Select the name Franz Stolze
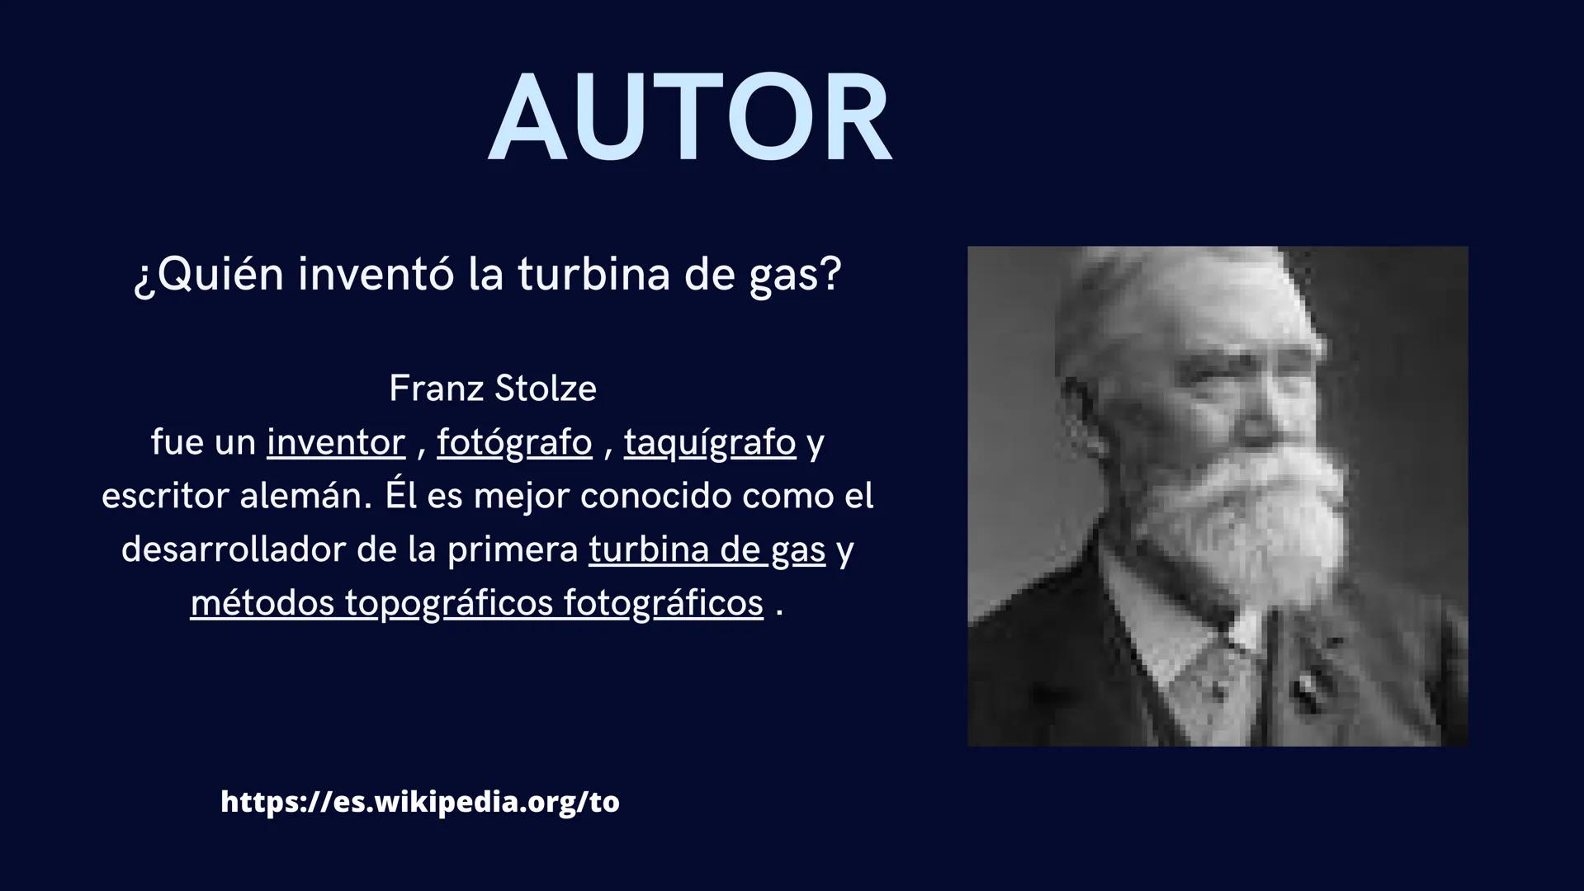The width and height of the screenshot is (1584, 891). [x=492, y=389]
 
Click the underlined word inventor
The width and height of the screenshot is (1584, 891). [x=336, y=443]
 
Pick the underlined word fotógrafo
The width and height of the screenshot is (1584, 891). [x=514, y=443]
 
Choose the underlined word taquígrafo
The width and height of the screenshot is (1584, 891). [x=710, y=443]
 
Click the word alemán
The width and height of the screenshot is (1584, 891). [x=306, y=497]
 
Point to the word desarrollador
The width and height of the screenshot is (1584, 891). [x=233, y=550]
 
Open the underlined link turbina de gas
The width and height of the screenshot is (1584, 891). [x=707, y=550]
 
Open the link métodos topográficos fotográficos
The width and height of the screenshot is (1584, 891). [x=476, y=603]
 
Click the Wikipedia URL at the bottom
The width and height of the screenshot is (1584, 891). [x=420, y=802]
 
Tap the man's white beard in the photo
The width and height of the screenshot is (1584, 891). [x=1246, y=511]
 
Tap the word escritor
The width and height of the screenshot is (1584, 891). [x=165, y=497]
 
